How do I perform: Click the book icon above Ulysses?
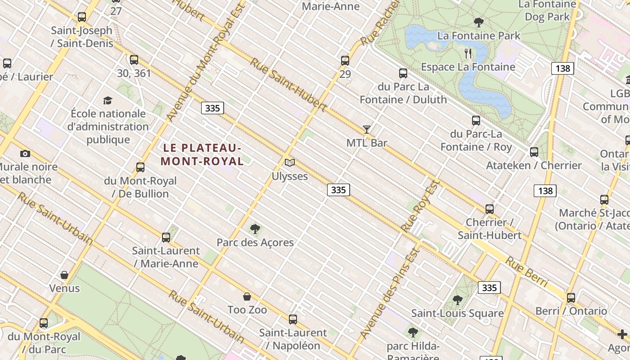(x=290, y=162)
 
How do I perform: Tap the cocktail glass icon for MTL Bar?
(x=367, y=130)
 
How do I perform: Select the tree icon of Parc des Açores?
(x=255, y=229)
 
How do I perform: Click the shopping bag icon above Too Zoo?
(x=247, y=297)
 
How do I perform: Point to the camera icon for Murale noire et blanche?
(x=25, y=153)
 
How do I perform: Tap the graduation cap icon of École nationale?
(x=108, y=100)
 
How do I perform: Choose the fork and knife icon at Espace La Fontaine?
(x=468, y=54)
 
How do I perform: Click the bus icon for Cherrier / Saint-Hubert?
(x=490, y=209)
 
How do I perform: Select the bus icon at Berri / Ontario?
(x=571, y=297)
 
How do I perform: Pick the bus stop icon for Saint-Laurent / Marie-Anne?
(x=166, y=237)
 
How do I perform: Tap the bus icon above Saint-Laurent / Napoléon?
(x=293, y=319)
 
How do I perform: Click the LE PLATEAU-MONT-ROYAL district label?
(x=202, y=154)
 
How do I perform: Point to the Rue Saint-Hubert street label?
(x=288, y=85)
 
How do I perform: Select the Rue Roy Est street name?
(x=420, y=206)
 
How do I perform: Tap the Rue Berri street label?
(x=526, y=272)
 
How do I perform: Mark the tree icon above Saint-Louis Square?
(x=458, y=300)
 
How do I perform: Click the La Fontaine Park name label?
(x=479, y=36)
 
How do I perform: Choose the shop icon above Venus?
(x=64, y=275)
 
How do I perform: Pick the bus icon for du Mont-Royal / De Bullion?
(x=140, y=167)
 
